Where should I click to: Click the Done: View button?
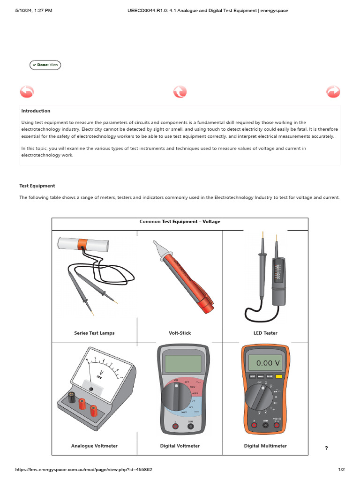tap(45, 65)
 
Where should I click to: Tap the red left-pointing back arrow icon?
tap(27, 92)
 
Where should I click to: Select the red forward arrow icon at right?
tap(333, 92)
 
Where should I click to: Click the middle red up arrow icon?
tap(180, 92)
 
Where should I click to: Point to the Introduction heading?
tap(36, 111)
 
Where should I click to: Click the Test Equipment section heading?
tap(37, 186)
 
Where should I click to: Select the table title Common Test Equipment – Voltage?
tap(180, 222)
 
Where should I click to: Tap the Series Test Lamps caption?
tap(94, 333)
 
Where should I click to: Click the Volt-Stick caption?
tap(180, 333)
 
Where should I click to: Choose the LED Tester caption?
tap(265, 333)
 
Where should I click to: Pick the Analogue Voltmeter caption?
tap(94, 446)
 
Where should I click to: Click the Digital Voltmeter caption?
tap(180, 446)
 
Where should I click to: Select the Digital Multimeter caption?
tap(265, 446)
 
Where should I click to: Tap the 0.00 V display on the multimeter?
tap(265, 363)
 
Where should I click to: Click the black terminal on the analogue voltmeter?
tap(72, 398)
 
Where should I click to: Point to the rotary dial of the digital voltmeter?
tap(176, 397)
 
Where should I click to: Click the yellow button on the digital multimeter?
tap(279, 376)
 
